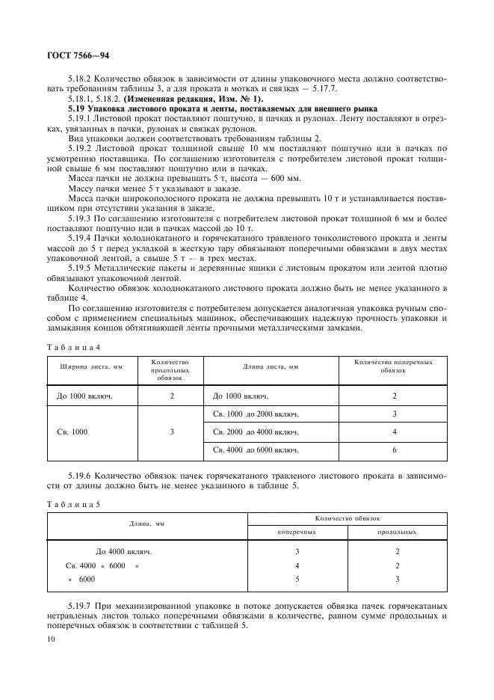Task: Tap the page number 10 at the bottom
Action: [x=52, y=639]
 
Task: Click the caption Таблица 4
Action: [x=73, y=347]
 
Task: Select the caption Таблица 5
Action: [x=73, y=504]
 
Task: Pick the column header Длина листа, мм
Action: [x=271, y=366]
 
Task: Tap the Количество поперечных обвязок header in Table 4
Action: [x=393, y=366]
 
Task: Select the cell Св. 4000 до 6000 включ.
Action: [x=256, y=450]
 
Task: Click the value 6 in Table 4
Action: [x=394, y=450]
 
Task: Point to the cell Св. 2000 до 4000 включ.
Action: [x=256, y=432]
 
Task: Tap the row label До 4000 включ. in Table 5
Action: [x=124, y=552]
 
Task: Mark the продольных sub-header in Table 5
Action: [x=397, y=532]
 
